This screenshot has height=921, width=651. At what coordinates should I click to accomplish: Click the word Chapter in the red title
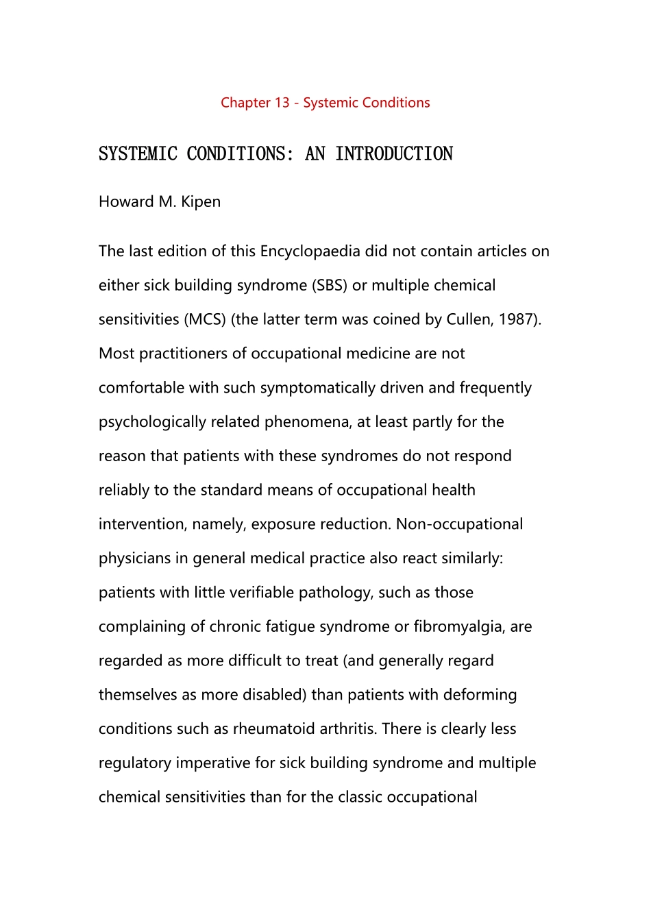pos(245,103)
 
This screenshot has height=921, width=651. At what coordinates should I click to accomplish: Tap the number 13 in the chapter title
pos(282,103)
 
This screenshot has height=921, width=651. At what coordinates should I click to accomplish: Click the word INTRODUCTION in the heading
pos(394,153)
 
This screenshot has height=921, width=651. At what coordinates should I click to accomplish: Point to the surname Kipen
pos(201,202)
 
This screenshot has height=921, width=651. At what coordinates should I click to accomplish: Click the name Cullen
pos(469,319)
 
